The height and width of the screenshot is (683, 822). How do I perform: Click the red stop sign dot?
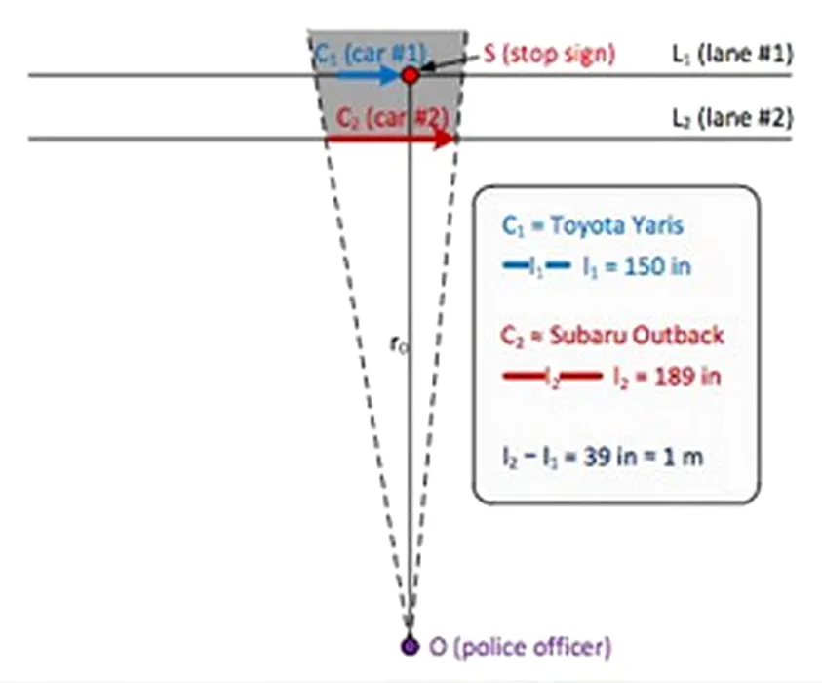pos(411,74)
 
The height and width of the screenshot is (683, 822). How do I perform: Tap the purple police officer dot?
pos(410,645)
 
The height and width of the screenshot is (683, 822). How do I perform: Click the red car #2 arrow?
pos(390,139)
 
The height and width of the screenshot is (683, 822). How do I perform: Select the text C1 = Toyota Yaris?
pos(593,224)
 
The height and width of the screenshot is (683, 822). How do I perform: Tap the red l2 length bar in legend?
pos(551,377)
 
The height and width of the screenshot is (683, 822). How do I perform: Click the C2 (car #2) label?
pos(391,115)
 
